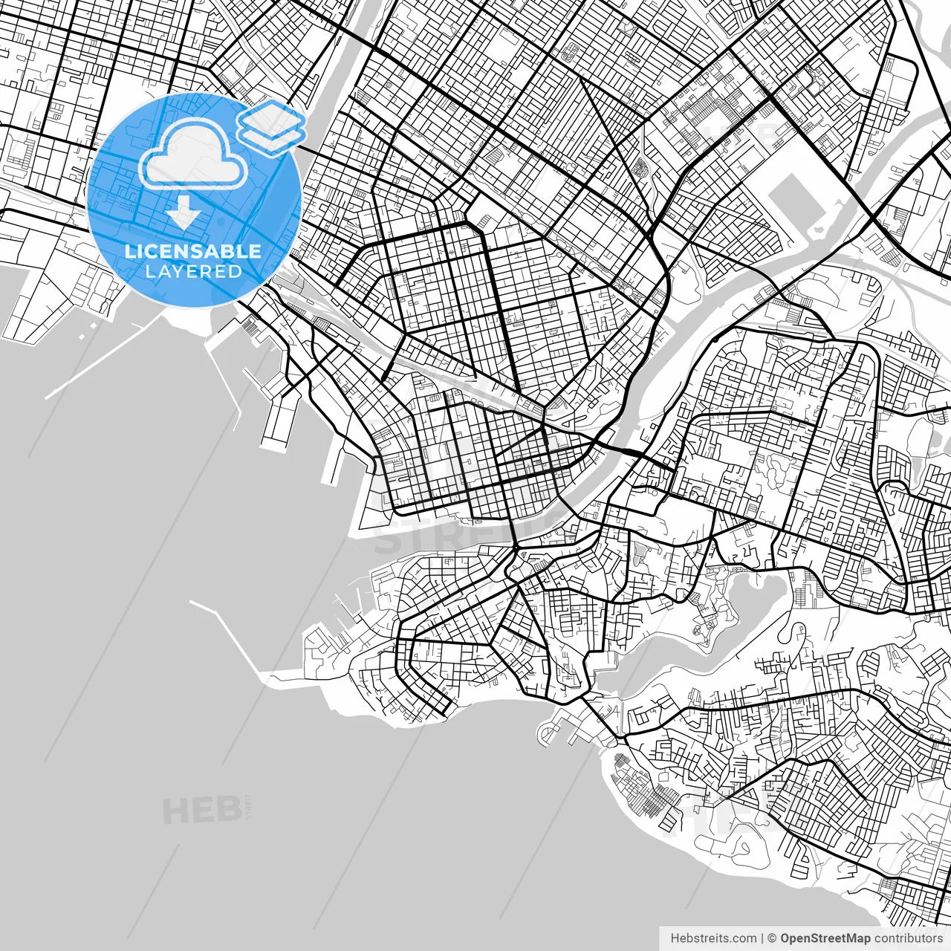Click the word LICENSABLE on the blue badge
[x=193, y=251]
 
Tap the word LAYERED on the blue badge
[x=193, y=271]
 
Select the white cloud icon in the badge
[x=194, y=153]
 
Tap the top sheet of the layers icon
[x=273, y=117]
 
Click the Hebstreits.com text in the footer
[x=713, y=938]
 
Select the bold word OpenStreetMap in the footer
[x=825, y=938]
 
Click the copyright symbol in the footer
[x=772, y=938]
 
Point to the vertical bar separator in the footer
[x=762, y=938]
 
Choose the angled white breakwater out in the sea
[x=230, y=639]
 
